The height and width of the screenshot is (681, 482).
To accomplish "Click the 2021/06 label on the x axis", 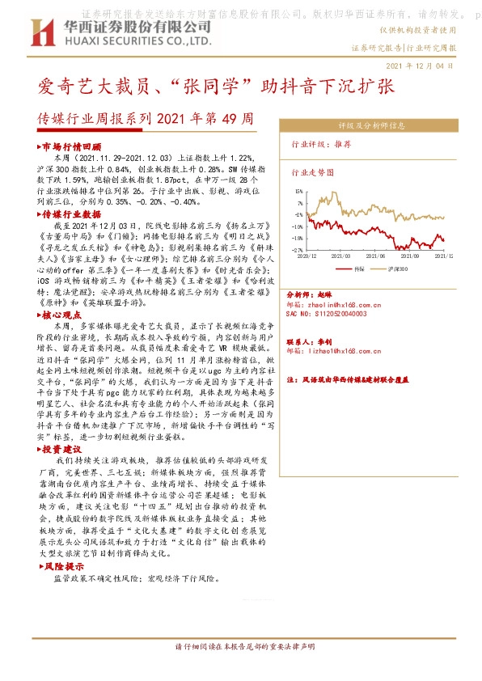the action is pyautogui.click(x=377, y=255).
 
